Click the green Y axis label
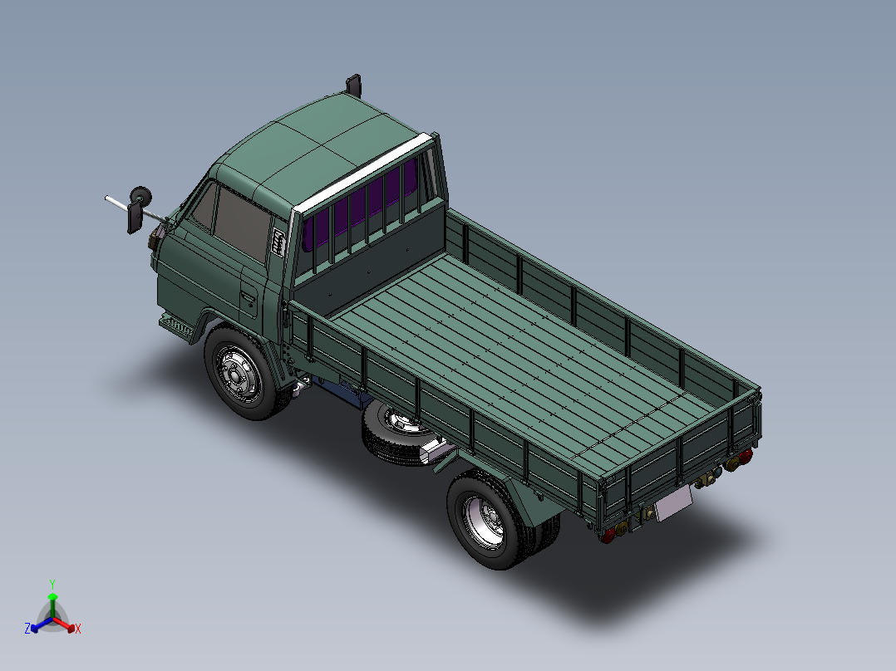[x=52, y=584]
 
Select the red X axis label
[x=78, y=629]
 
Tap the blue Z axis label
[x=27, y=629]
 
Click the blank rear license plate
[x=673, y=503]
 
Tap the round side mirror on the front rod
[x=141, y=196]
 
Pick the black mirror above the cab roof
[x=354, y=85]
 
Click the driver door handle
[x=247, y=296]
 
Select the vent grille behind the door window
[x=278, y=242]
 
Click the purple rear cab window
[x=357, y=211]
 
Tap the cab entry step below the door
[x=176, y=324]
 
